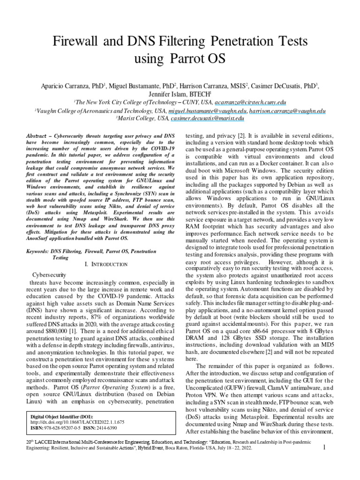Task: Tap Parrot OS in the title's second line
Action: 199,60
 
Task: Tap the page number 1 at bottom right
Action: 324,461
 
